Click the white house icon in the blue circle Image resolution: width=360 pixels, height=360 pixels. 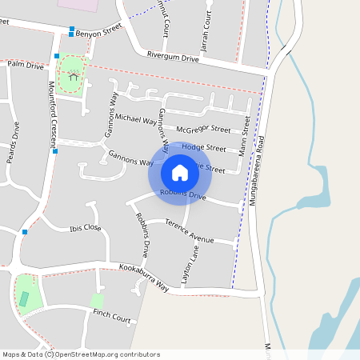coord(180,172)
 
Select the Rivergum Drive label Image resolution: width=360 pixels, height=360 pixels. coord(172,57)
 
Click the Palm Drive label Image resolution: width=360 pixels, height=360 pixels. coord(26,66)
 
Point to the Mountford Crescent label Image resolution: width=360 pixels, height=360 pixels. coord(53,113)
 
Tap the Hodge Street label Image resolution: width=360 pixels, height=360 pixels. coord(204,148)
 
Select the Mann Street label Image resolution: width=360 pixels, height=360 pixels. coord(244,136)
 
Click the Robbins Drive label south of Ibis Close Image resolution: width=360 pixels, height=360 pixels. coord(142,234)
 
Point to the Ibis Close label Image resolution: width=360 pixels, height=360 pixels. coord(85,227)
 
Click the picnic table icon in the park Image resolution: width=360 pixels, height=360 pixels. coord(74,76)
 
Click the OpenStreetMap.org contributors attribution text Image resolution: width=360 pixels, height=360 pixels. coord(108,354)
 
